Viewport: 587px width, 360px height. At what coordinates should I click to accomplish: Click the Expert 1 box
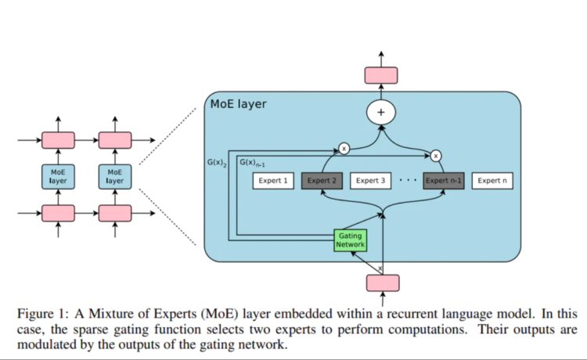pyautogui.click(x=273, y=181)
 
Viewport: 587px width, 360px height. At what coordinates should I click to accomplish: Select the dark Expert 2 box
pyautogui.click(x=322, y=181)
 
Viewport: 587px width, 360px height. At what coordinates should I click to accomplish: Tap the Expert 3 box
pyautogui.click(x=371, y=181)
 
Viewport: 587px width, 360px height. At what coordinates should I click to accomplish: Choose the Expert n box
pyautogui.click(x=492, y=181)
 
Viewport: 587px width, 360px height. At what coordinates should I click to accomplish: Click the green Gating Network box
pyautogui.click(x=349, y=239)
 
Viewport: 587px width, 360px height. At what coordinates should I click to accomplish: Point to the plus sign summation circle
pyautogui.click(x=382, y=113)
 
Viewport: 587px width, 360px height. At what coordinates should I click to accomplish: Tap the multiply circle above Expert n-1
pyautogui.click(x=436, y=155)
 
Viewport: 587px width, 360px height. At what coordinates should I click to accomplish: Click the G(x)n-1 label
pyautogui.click(x=251, y=163)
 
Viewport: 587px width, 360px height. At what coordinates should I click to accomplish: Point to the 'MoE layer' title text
pyautogui.click(x=239, y=103)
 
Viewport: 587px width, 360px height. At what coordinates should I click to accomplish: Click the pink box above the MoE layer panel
pyautogui.click(x=382, y=75)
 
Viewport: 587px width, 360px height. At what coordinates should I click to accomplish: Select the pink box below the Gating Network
pyautogui.click(x=382, y=282)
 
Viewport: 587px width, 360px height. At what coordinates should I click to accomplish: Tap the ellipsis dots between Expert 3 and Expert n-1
pyautogui.click(x=407, y=181)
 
